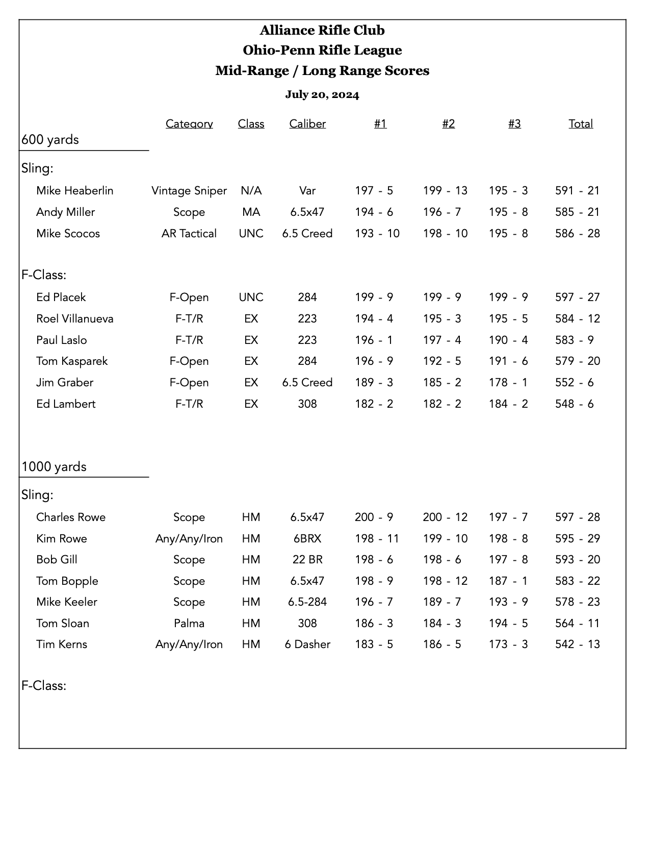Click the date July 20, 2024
322,94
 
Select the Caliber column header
307,123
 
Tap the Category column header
189,123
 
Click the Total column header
581,123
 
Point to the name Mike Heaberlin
75,190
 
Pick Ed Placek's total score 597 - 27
577,297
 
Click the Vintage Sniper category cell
189,190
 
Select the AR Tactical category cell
189,233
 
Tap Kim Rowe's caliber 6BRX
307,538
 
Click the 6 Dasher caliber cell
307,644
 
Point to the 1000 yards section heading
54,466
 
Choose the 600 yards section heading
50,139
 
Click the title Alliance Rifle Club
322,30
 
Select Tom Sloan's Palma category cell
189,623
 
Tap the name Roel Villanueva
75,318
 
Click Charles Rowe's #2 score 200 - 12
445,517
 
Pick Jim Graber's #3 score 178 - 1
508,382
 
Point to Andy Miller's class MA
251,212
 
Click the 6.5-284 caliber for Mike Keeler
307,602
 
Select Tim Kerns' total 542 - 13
577,644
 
